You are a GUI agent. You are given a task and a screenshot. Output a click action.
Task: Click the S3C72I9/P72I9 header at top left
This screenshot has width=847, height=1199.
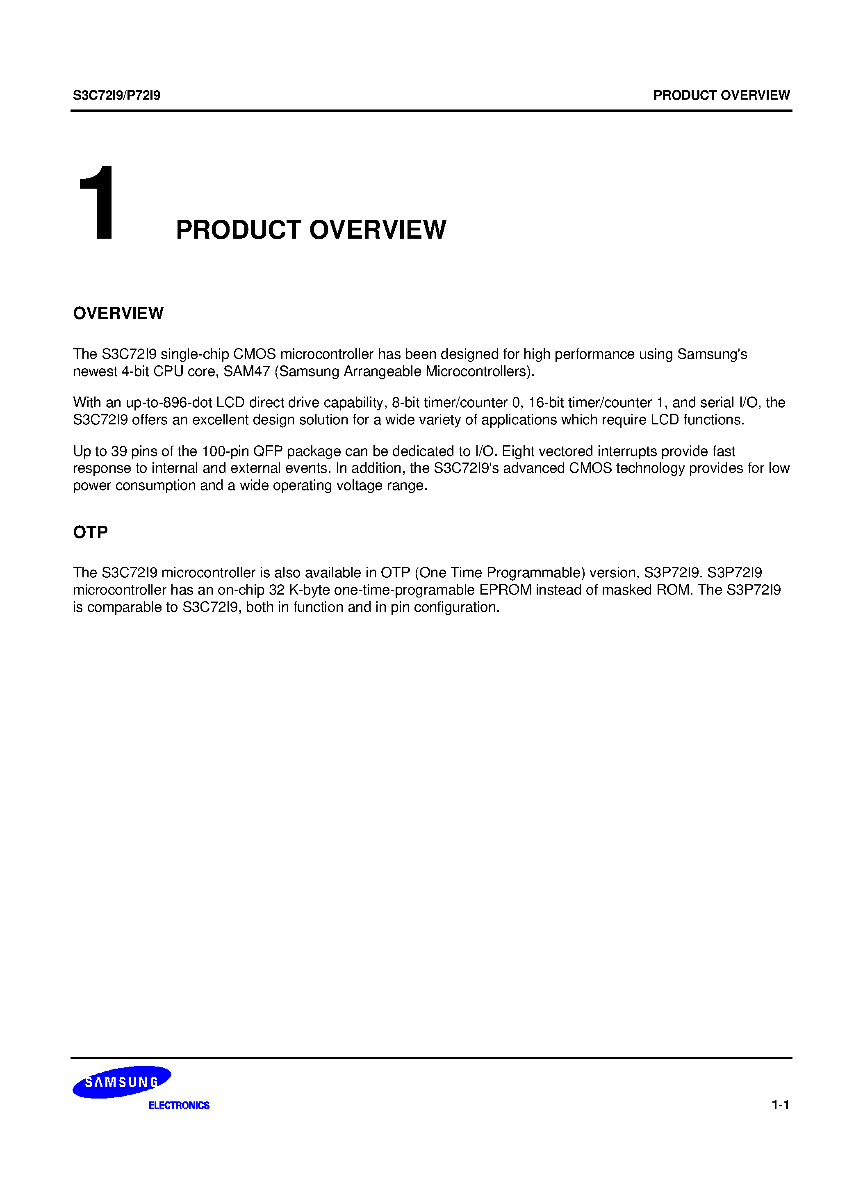[x=116, y=96]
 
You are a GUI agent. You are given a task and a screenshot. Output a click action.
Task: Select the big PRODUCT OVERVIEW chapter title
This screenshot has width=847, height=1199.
[x=311, y=230]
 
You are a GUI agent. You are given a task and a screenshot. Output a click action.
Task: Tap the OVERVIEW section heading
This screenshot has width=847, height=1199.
[x=118, y=313]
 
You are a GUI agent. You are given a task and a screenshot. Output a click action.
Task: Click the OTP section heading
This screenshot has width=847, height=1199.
[x=90, y=532]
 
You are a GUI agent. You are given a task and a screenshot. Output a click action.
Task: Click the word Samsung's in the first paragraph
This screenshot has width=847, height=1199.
[x=712, y=354]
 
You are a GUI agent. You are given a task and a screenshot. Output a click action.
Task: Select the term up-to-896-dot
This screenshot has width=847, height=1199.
[x=168, y=403]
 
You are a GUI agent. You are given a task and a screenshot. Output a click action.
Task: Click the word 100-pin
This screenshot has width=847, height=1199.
[x=225, y=451]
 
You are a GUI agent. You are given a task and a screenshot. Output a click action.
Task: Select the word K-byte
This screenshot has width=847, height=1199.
[x=309, y=590]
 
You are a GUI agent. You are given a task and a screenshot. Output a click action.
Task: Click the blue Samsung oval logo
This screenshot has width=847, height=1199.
[x=121, y=1082]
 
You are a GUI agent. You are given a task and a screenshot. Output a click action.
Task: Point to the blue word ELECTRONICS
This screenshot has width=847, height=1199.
[x=179, y=1106]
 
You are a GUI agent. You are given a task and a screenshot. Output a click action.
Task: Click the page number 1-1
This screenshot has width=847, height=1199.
[x=780, y=1105]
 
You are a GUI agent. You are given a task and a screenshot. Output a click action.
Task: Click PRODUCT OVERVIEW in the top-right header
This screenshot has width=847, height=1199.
[x=721, y=96]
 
